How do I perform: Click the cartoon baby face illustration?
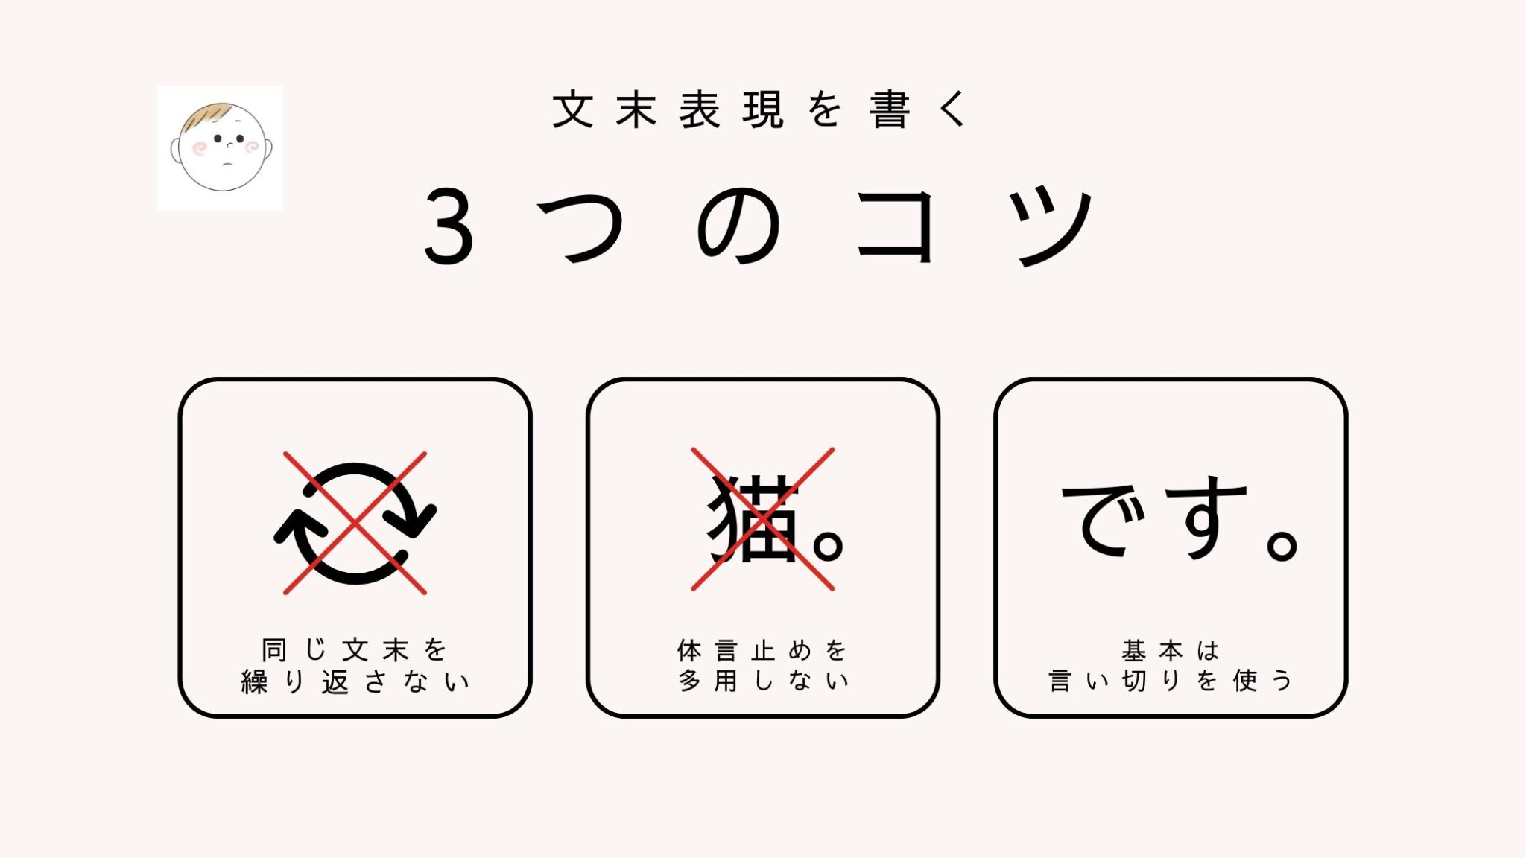click(221, 147)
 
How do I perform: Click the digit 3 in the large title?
click(449, 226)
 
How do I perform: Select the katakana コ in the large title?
click(895, 226)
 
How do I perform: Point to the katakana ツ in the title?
click(1050, 227)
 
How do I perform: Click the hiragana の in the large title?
click(738, 226)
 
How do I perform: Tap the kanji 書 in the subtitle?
click(890, 109)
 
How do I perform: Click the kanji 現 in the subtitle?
click(763, 109)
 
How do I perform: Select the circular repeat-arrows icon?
click(355, 524)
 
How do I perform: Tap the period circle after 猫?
click(828, 544)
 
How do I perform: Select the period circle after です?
click(1282, 544)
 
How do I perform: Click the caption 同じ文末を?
click(354, 650)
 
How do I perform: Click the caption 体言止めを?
click(762, 650)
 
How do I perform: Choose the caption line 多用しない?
click(763, 680)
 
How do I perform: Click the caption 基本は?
click(1170, 650)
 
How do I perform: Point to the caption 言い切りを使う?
click(1170, 680)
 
